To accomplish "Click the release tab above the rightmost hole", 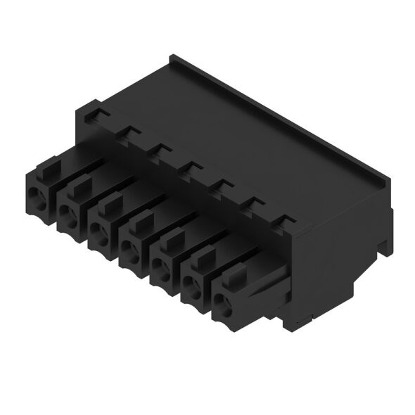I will coord(238,276).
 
